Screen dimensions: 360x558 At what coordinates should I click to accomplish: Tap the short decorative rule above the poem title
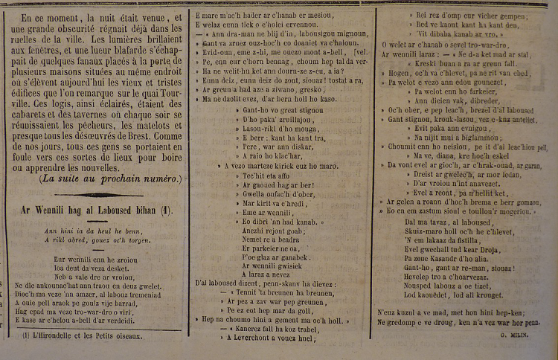93,195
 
